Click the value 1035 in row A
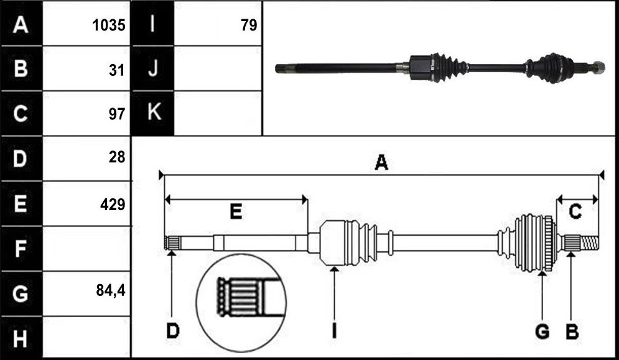[x=109, y=25]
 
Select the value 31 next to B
[x=117, y=70]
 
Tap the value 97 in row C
[x=117, y=114]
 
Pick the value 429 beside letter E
[x=113, y=205]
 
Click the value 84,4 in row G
[x=111, y=290]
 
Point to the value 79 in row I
[x=249, y=25]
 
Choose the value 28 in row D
[x=117, y=157]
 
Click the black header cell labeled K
[x=153, y=113]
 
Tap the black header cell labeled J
[x=153, y=68]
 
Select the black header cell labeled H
[x=21, y=338]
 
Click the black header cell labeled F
[x=21, y=249]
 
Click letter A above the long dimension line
[x=381, y=162]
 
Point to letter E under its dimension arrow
[x=236, y=212]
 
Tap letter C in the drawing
[x=575, y=211]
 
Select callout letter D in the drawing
[x=172, y=331]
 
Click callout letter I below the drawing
[x=334, y=331]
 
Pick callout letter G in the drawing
[x=542, y=331]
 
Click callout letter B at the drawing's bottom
[x=572, y=331]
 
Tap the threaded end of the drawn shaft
[x=590, y=242]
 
